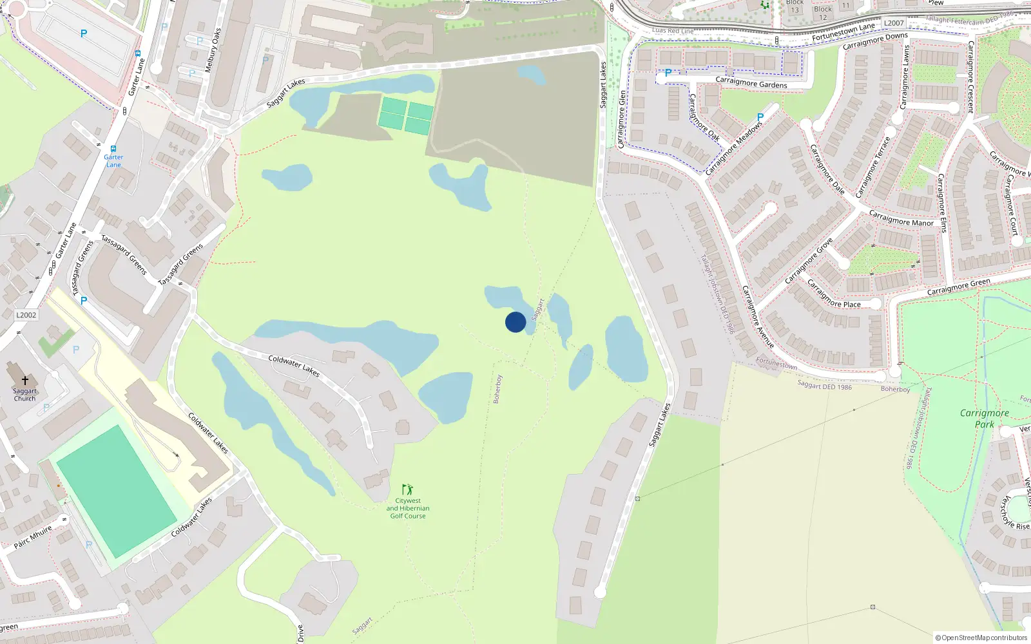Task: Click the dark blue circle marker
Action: click(x=515, y=322)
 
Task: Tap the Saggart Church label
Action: click(x=25, y=395)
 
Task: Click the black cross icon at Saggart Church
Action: click(x=25, y=381)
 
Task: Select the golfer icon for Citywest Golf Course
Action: click(x=407, y=490)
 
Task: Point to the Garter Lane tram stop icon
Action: click(x=113, y=149)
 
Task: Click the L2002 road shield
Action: click(x=26, y=315)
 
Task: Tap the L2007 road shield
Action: click(x=894, y=23)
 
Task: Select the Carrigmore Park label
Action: click(x=984, y=419)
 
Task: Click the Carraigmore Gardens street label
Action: click(x=751, y=83)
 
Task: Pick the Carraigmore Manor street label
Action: click(x=901, y=218)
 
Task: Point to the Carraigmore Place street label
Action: click(x=834, y=294)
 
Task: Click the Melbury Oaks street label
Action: click(x=213, y=50)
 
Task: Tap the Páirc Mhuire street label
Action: click(x=33, y=537)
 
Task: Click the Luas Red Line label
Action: click(x=673, y=31)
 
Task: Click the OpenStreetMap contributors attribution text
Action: click(x=982, y=638)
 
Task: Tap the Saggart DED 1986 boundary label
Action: click(x=824, y=386)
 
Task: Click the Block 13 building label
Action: click(x=795, y=6)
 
